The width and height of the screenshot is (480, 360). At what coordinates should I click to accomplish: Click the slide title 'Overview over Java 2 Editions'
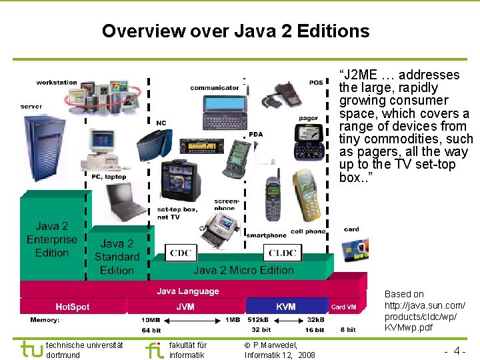(235, 31)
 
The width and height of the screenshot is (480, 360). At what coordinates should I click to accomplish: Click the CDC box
(181, 253)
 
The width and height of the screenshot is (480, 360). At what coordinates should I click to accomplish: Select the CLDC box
(283, 253)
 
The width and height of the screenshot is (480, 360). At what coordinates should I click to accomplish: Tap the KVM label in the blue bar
(286, 307)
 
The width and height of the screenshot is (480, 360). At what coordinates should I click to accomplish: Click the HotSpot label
(72, 307)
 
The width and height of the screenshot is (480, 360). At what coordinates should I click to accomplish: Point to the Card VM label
(344, 307)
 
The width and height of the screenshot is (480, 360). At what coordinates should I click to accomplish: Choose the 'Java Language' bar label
(187, 291)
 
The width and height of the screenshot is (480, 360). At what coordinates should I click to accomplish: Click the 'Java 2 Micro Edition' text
(243, 270)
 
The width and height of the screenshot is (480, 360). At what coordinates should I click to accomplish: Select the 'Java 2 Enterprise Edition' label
(52, 239)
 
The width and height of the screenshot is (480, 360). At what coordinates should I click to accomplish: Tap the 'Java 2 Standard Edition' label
(117, 257)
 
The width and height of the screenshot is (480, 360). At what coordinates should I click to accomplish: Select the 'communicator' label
(214, 87)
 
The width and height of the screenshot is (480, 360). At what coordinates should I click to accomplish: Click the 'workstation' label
(57, 82)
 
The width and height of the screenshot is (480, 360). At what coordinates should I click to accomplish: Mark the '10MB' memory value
(151, 320)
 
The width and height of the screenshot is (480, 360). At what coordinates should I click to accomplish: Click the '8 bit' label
(348, 330)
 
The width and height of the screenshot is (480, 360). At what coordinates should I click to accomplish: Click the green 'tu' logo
(31, 349)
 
